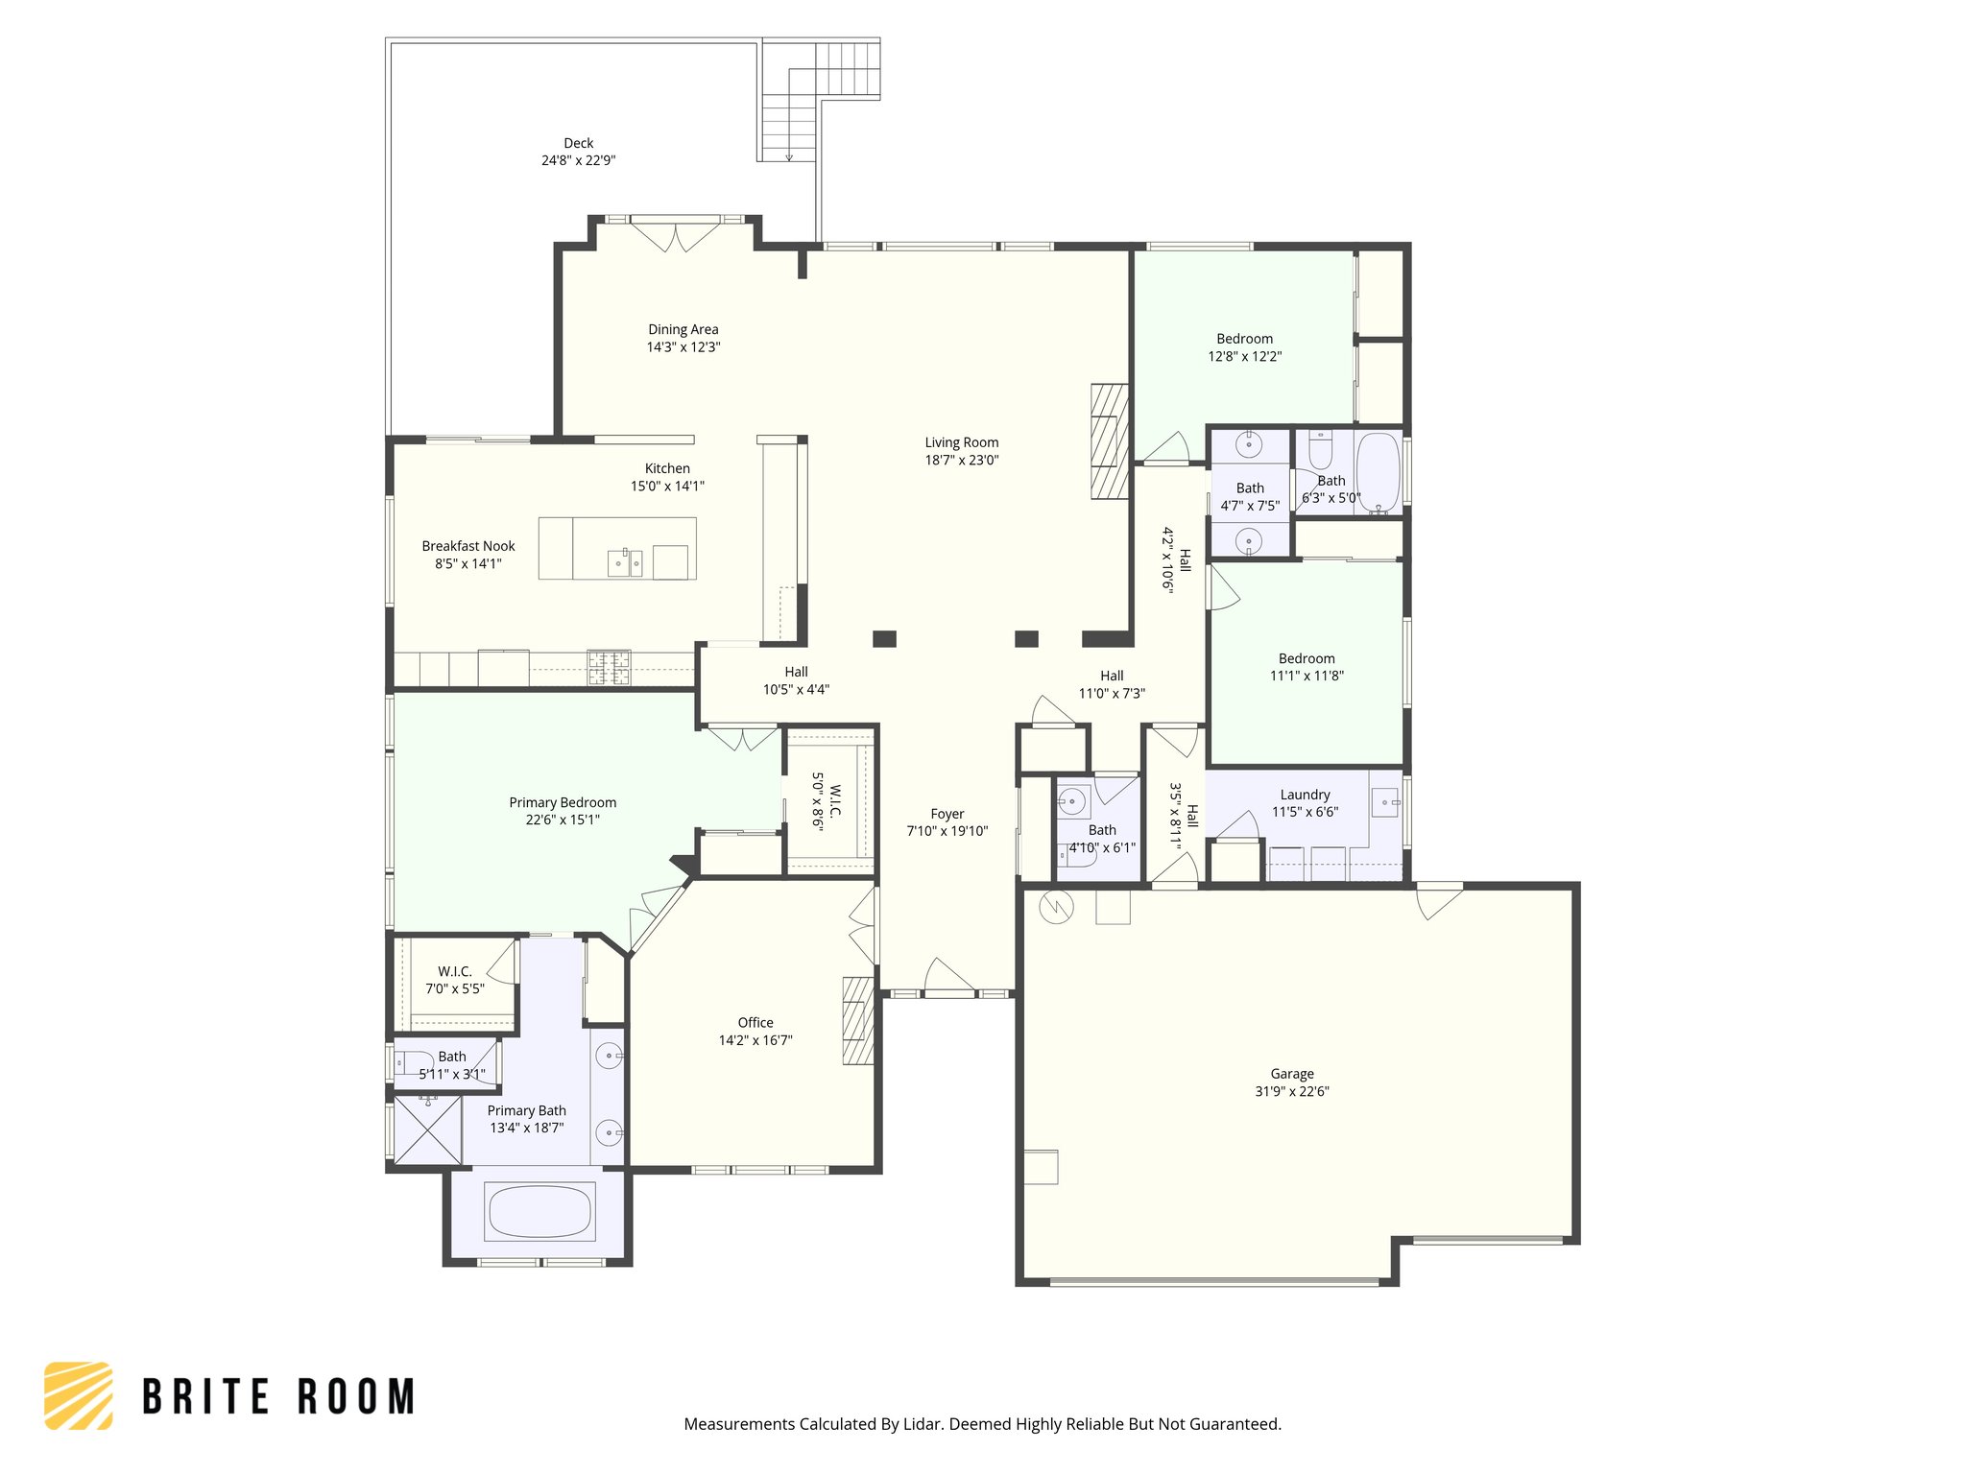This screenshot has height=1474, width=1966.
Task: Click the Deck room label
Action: coord(578,143)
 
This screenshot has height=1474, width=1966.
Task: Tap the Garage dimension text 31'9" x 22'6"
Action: coord(1291,1091)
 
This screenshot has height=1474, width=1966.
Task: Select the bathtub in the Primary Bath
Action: coord(539,1211)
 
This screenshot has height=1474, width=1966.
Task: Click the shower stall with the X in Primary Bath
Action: coord(428,1129)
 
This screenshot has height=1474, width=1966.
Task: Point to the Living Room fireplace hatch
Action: coord(1109,441)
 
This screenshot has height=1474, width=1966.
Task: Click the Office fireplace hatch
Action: coord(857,1020)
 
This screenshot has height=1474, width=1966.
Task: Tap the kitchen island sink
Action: coord(624,562)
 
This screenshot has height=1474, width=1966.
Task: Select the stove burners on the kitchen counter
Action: coord(609,667)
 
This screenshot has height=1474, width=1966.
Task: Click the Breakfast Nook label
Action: coord(468,546)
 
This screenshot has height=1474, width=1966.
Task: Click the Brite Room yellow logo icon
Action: coord(79,1395)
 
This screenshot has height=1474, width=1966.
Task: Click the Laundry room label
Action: coord(1305,795)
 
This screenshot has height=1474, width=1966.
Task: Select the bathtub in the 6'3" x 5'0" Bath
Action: coord(1379,472)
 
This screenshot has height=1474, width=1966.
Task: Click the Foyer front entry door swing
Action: coord(948,977)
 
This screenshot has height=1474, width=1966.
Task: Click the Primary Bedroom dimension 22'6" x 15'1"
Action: coord(563,820)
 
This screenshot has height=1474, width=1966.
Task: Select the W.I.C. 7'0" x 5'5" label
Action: coord(455,971)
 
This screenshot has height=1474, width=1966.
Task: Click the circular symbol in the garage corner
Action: coord(1055,907)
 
